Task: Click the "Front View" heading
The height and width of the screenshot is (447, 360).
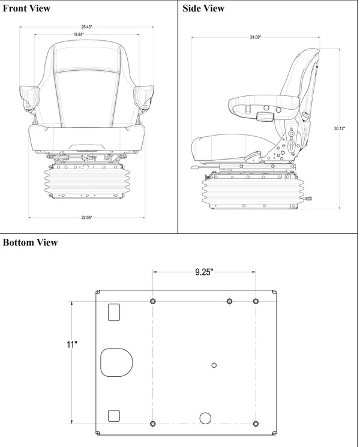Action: click(x=27, y=8)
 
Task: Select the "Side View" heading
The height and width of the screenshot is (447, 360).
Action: click(x=203, y=8)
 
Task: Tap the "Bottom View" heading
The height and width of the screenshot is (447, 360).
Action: click(x=31, y=242)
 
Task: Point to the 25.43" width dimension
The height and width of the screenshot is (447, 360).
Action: click(x=88, y=26)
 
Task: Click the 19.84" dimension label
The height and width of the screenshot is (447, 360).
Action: click(x=79, y=35)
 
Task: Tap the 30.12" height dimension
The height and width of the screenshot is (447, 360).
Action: click(x=340, y=128)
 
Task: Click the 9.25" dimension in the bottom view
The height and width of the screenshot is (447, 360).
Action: click(x=204, y=271)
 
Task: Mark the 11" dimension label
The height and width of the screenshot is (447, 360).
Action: click(x=72, y=344)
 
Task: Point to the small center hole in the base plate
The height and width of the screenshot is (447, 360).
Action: click(x=214, y=365)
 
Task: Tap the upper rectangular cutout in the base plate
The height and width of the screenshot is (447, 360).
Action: click(x=113, y=311)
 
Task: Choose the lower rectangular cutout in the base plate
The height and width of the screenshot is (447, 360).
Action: click(x=113, y=415)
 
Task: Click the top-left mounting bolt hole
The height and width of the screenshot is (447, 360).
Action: click(x=154, y=301)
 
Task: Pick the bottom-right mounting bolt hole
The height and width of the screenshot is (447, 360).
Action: click(x=256, y=423)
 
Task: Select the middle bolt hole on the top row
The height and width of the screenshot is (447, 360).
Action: click(x=229, y=301)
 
